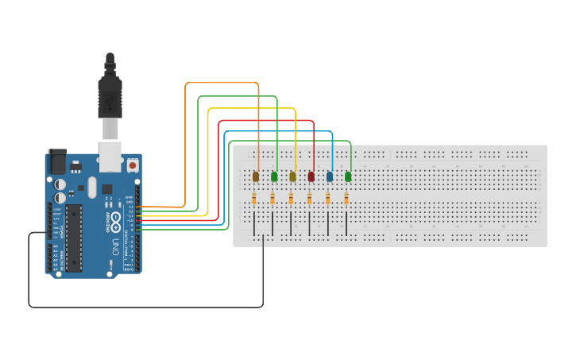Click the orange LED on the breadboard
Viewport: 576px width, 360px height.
click(256, 176)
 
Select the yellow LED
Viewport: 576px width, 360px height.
click(292, 176)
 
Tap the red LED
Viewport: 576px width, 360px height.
click(311, 176)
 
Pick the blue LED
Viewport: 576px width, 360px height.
click(330, 176)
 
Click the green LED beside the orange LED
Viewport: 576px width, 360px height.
click(274, 176)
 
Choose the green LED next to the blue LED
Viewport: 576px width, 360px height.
click(348, 176)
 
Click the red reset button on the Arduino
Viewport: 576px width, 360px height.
click(132, 165)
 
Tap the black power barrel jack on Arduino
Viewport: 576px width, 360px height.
click(56, 162)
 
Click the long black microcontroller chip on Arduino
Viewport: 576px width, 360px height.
click(73, 237)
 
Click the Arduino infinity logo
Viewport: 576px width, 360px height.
click(116, 219)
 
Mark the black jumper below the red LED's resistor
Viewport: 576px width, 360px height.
click(309, 223)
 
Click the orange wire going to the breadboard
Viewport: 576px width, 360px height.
click(222, 83)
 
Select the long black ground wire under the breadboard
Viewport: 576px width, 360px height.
click(143, 307)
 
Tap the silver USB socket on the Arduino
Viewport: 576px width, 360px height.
click(110, 156)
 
